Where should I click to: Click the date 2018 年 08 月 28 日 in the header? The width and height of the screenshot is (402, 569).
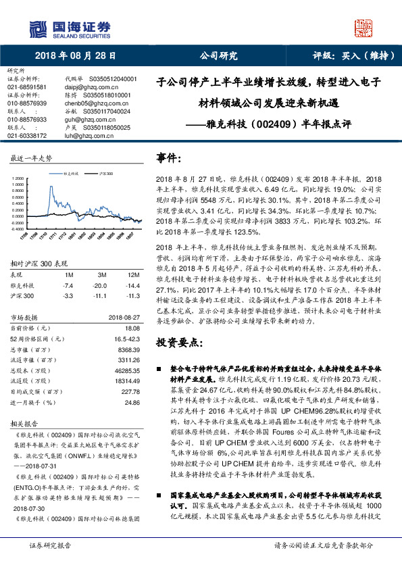pos(74,55)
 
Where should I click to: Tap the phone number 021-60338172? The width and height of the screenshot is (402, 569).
pos(27,135)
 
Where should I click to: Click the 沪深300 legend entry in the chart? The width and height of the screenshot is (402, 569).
pos(103,174)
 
